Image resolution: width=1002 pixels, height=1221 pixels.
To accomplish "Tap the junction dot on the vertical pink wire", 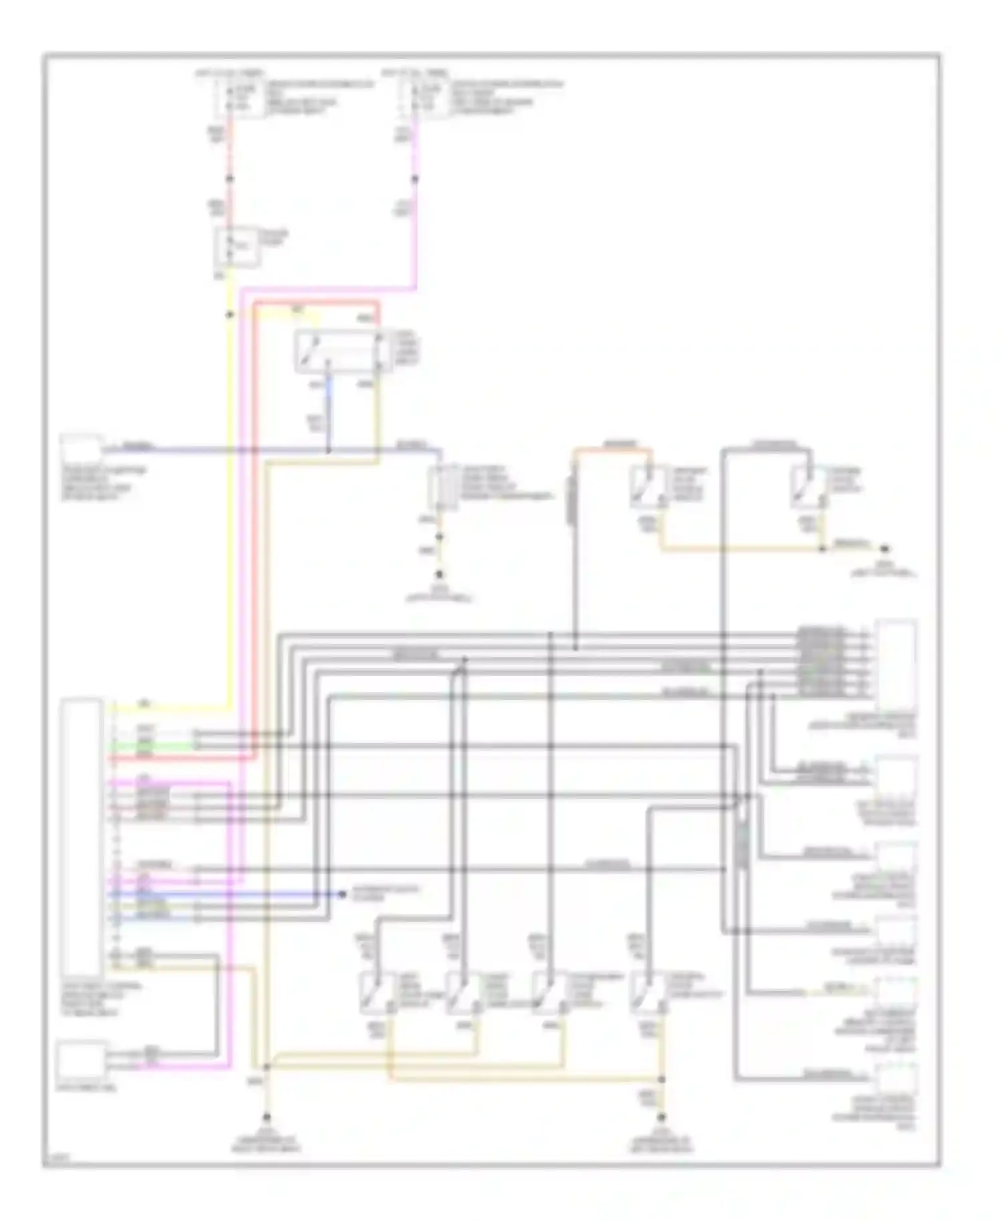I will point(415,179).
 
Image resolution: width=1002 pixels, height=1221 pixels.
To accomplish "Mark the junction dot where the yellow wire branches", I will point(230,315).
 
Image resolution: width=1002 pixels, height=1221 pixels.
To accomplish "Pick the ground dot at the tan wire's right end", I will point(884,549).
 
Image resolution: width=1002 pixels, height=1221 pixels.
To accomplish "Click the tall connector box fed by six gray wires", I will point(895,665).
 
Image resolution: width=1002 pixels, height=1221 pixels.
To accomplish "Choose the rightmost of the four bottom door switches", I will point(645,993).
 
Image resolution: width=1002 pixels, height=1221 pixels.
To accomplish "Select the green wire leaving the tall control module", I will point(154,746).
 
